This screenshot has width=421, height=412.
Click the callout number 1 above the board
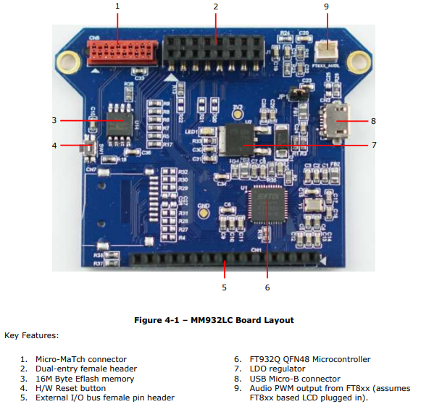point(117,7)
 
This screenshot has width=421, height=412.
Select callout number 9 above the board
point(326,7)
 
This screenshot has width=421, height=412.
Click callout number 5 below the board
point(225,287)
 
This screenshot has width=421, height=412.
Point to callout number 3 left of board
point(54,120)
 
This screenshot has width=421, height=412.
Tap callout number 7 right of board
point(374,145)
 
